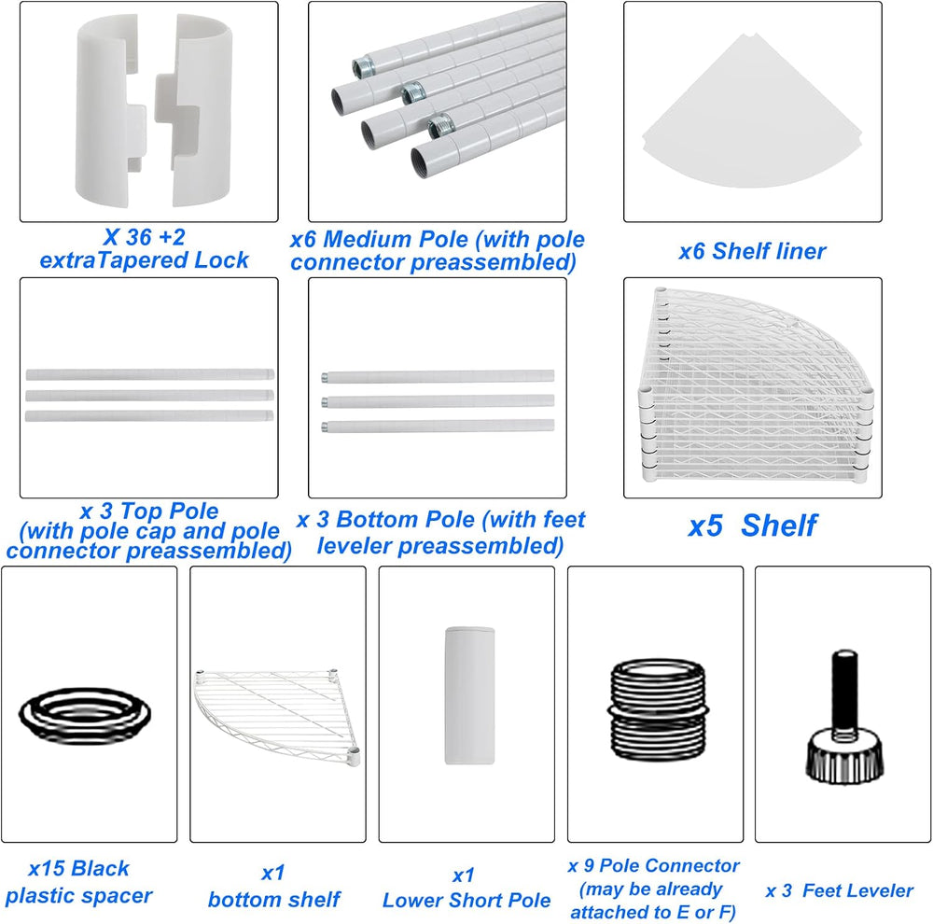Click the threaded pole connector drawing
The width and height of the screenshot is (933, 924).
658,709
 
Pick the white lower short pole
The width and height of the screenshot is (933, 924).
469,694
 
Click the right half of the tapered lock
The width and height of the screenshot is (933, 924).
194,110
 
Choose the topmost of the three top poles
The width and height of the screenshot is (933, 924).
150,374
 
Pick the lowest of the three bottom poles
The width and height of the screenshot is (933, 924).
438,426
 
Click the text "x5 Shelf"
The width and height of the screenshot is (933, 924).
752,525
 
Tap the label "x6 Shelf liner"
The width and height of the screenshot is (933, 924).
752,251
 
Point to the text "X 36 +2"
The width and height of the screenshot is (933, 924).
144,238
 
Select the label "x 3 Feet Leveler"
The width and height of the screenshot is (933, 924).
839,890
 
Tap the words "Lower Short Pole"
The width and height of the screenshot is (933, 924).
466,900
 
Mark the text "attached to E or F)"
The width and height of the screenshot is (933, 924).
653,912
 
